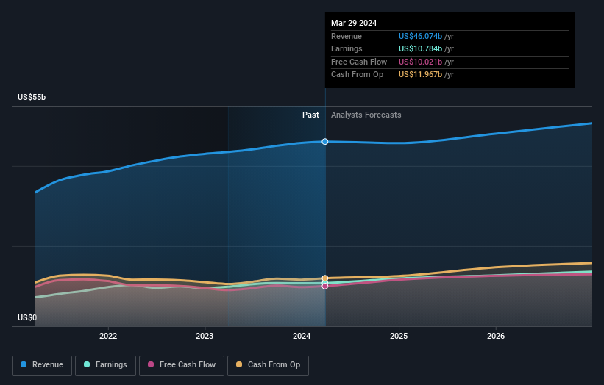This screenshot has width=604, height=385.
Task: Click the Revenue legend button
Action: point(42,365)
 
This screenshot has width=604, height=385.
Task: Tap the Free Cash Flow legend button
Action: point(182,365)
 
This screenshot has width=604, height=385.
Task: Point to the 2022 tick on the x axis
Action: point(108,336)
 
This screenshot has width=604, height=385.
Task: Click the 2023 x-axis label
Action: point(205,336)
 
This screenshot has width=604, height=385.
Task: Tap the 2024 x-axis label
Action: point(302,336)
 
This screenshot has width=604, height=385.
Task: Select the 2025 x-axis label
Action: point(399,336)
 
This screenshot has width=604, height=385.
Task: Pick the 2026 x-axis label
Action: point(496,336)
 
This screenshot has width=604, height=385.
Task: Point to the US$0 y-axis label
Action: point(27,317)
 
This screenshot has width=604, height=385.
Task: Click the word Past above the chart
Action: point(310,115)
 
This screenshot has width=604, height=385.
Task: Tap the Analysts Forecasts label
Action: point(366,115)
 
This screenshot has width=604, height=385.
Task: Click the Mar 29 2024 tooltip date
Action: point(354,23)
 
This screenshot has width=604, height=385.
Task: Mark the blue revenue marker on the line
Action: point(325,141)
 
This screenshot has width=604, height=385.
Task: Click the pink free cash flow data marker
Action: point(325,286)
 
